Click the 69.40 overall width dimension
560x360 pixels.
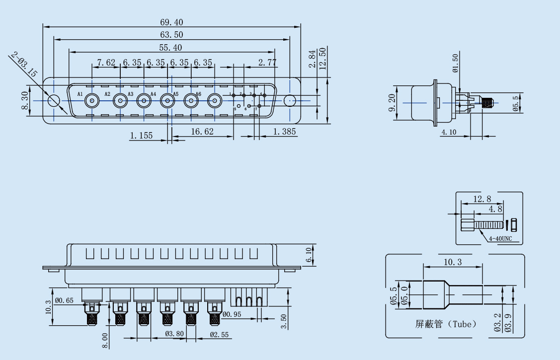coord(171,22)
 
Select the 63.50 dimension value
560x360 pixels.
coord(171,35)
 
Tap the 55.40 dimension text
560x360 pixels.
coord(171,48)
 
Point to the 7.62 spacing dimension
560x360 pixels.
coord(106,63)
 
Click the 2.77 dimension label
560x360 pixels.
coord(267,63)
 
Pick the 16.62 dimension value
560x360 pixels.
coord(202,132)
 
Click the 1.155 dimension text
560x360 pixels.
coord(141,135)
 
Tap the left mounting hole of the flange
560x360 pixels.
coord(54,101)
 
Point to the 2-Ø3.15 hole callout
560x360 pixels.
coord(23,65)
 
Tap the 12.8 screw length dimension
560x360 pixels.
coord(482,199)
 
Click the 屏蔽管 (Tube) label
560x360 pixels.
coord(446,324)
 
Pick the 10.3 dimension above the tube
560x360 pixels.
coord(452,262)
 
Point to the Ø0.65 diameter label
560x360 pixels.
coord(64,300)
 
